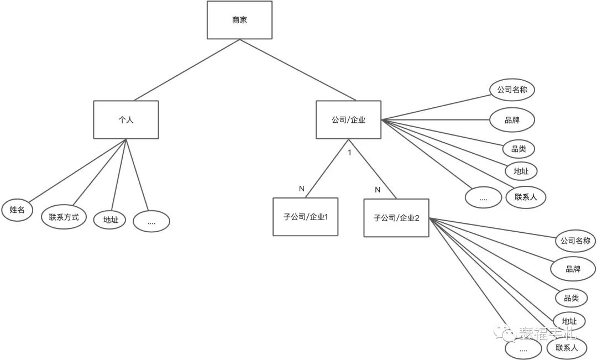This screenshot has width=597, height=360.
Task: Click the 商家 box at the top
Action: (x=239, y=20)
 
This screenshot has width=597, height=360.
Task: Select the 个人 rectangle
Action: (x=126, y=119)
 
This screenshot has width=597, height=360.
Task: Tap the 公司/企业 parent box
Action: (x=348, y=119)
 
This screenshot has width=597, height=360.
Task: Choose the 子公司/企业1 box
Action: (x=305, y=217)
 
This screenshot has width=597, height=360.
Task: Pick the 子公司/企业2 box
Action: (x=396, y=218)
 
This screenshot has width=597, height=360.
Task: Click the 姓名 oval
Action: (x=17, y=210)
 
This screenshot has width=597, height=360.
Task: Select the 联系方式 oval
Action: (x=64, y=217)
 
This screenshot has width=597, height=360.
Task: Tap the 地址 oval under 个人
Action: (x=110, y=220)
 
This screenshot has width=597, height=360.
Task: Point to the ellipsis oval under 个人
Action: (x=151, y=221)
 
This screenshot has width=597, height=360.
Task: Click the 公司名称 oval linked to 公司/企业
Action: (x=513, y=89)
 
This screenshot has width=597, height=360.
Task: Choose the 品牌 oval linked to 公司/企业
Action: (x=512, y=119)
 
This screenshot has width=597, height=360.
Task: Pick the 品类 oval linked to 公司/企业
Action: (x=519, y=149)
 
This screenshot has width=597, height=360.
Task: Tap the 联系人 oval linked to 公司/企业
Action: (x=526, y=196)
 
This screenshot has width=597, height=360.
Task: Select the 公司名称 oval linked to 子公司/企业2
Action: (x=575, y=241)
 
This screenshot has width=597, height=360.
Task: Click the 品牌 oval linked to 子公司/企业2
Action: (x=573, y=269)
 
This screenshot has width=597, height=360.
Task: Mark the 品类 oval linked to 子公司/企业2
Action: (x=572, y=298)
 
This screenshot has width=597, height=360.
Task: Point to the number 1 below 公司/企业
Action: (x=349, y=152)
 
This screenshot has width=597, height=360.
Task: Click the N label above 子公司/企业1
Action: (x=302, y=189)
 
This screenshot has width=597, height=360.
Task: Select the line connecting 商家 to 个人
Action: (x=182, y=70)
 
